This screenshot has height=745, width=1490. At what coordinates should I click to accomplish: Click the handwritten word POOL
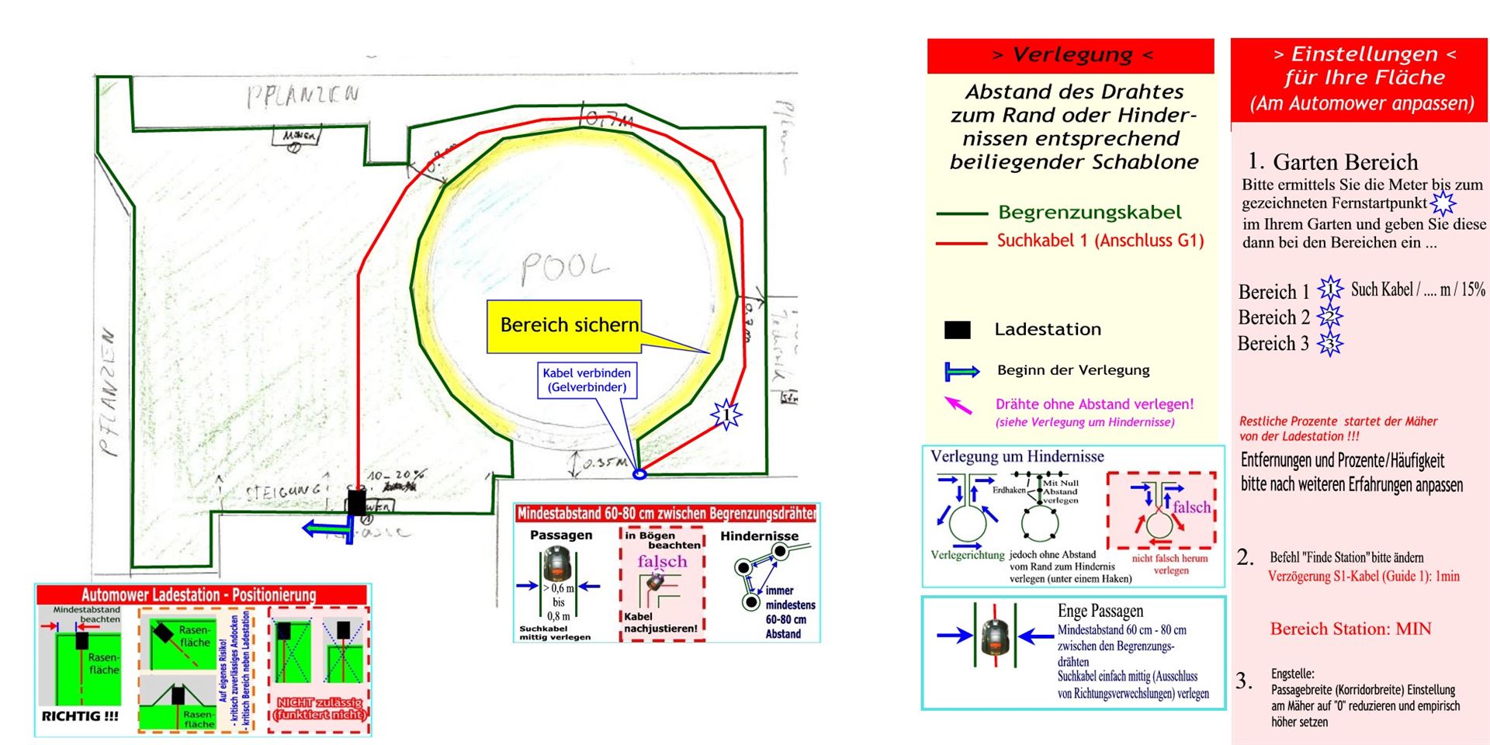[x=565, y=268]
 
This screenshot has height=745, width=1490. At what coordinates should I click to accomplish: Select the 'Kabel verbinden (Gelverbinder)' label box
[x=587, y=380]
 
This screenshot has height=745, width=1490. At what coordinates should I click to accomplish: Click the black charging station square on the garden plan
[x=356, y=502]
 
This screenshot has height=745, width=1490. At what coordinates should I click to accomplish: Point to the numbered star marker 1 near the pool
[x=726, y=414]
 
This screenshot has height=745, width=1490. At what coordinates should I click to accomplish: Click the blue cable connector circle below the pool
[x=639, y=473]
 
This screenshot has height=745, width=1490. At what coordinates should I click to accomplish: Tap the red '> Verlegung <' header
[x=1071, y=55]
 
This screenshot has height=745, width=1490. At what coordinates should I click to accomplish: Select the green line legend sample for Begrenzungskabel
[x=961, y=213]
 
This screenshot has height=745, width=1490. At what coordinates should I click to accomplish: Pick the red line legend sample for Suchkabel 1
[x=961, y=243]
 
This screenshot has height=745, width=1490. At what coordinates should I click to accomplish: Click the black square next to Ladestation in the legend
[x=957, y=330]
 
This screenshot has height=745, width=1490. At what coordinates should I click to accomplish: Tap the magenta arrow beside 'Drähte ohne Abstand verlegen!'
[x=958, y=404]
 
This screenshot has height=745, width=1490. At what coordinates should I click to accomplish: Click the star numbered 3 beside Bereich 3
[x=1329, y=344]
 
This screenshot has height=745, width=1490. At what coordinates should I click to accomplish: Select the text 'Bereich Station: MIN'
[x=1350, y=629]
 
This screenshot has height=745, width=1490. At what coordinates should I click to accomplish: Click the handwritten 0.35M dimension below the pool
[x=605, y=463]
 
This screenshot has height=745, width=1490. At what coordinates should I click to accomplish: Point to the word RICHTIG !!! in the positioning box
[x=80, y=716]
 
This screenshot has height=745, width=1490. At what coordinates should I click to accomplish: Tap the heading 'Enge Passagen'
[x=1100, y=611]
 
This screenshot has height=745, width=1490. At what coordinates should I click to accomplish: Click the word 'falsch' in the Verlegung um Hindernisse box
[x=1191, y=507]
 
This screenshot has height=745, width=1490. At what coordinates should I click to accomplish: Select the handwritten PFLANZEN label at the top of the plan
[x=303, y=96]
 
